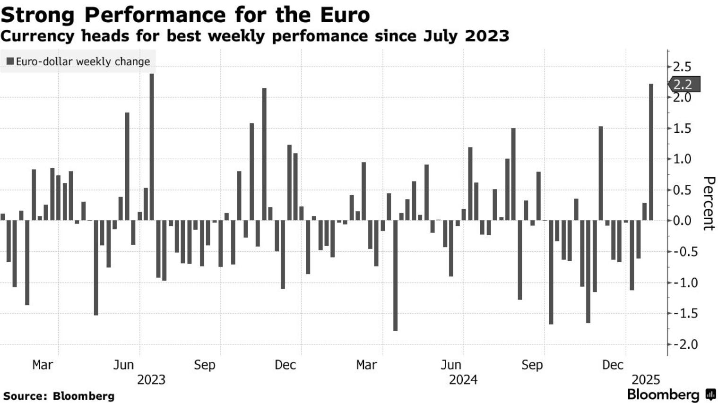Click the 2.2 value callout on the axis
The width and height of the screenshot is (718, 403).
pos(683,85)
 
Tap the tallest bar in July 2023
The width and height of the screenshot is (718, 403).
pos(152,147)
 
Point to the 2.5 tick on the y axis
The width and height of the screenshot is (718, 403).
pos(682,67)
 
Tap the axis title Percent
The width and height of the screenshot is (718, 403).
pos(709,203)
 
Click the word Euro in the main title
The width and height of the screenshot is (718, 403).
pos(345,15)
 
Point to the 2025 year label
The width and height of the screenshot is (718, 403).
pos(646,380)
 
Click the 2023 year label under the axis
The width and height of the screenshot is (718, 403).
pos(151,380)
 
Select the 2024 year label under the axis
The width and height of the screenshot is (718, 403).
pos(463,380)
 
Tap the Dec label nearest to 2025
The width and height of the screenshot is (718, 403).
pos(613,365)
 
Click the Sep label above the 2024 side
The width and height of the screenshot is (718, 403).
pos(532,365)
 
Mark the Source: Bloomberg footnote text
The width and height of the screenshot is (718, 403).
pos(59,396)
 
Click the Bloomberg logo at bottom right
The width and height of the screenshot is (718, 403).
pos(671,394)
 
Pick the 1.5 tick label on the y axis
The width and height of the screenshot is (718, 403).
pos(682,129)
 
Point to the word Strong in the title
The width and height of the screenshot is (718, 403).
pos(38,15)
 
